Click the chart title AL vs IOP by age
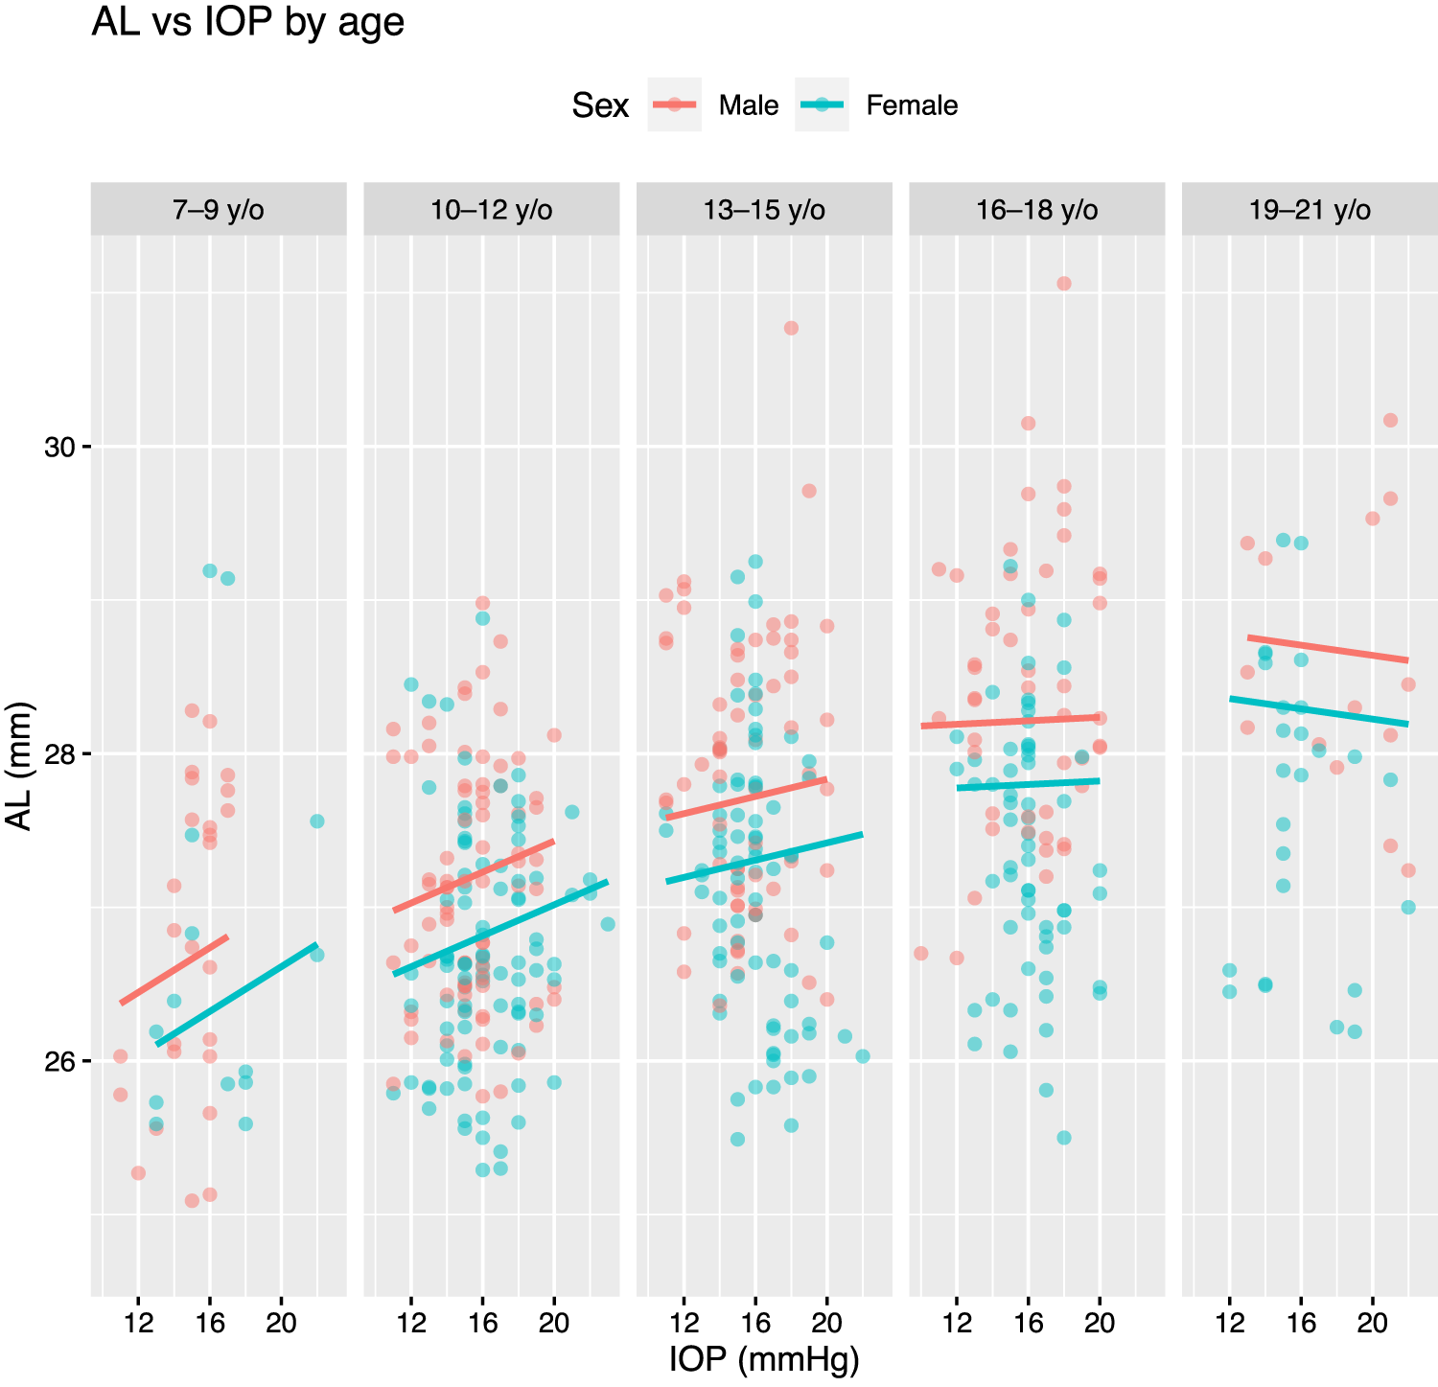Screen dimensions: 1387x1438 (x=247, y=22)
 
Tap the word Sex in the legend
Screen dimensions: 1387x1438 (x=600, y=105)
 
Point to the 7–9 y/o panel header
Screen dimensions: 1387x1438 (x=219, y=210)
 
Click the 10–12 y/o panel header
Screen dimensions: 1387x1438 (x=492, y=210)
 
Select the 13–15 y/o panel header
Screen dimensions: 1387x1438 (x=764, y=210)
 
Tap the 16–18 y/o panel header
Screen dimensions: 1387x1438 (x=1037, y=210)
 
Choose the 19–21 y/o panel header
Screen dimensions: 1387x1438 (x=1310, y=210)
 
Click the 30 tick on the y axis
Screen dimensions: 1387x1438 (x=59, y=447)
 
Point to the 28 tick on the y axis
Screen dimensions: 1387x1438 (x=59, y=754)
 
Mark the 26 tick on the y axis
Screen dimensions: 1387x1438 (x=59, y=1061)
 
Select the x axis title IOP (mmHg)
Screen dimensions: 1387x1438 (x=764, y=1360)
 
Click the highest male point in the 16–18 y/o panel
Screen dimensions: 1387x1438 (x=1063, y=284)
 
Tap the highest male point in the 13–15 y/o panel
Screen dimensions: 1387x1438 (x=791, y=328)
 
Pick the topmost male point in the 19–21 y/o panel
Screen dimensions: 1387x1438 (x=1390, y=420)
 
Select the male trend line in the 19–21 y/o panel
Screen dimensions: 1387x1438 (x=1328, y=649)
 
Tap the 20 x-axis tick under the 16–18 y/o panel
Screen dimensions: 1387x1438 (x=1100, y=1324)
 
